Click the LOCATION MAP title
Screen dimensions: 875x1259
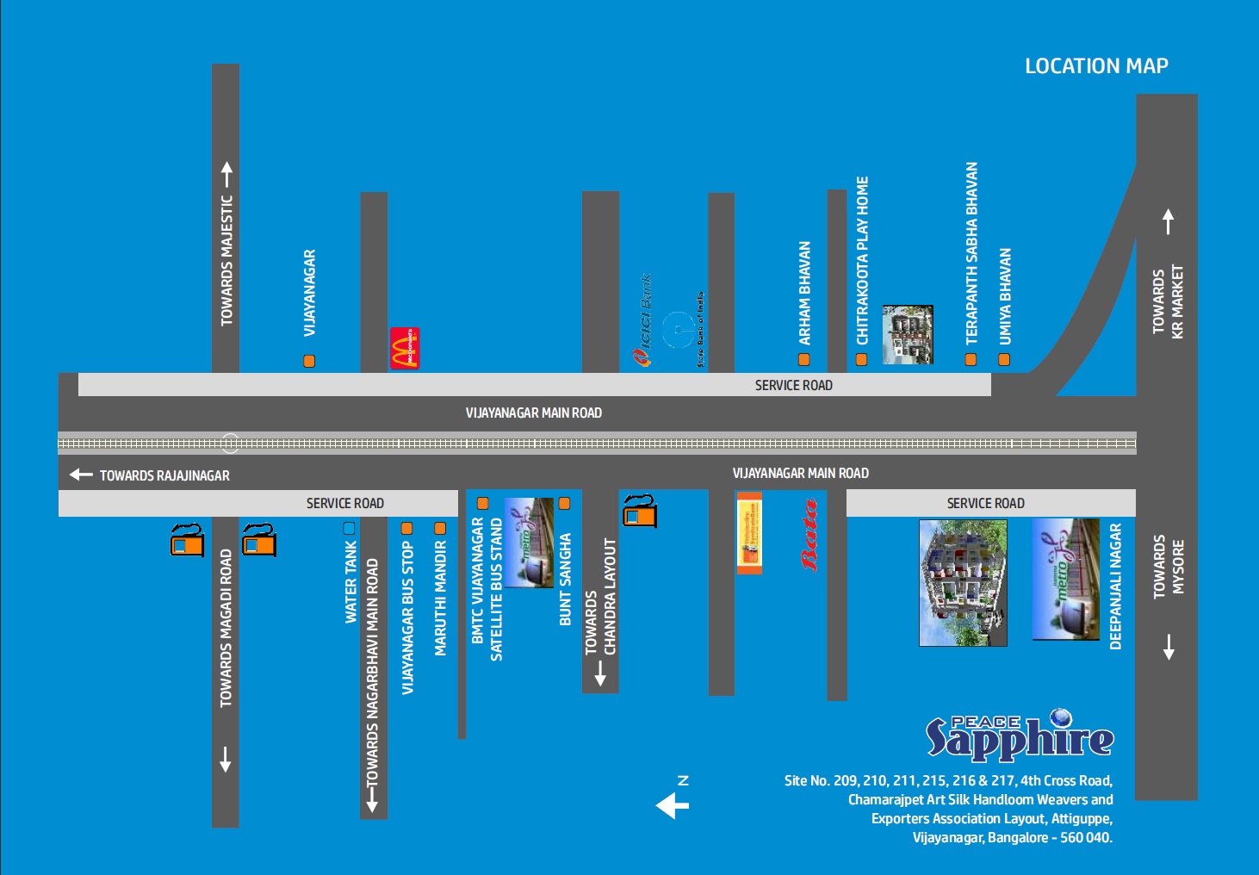click(x=1096, y=66)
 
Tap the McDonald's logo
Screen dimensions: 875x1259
click(x=405, y=349)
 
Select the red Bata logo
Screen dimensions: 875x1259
click(x=809, y=536)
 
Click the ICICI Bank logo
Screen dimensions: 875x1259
click(x=643, y=320)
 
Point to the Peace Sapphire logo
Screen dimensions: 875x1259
click(x=1020, y=736)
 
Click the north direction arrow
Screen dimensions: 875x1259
click(x=673, y=805)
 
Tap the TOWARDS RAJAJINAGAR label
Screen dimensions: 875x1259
click(x=164, y=475)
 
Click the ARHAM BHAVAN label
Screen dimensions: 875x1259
click(x=805, y=293)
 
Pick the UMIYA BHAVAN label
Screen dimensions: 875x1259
click(x=1005, y=296)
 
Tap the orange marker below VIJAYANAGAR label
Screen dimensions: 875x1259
click(x=309, y=362)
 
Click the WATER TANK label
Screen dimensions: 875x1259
click(x=350, y=581)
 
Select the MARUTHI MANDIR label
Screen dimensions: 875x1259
click(x=441, y=598)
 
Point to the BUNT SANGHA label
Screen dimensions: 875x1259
click(x=566, y=579)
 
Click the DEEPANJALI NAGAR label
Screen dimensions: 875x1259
click(x=1116, y=586)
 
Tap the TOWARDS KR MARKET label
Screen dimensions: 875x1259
click(x=1169, y=301)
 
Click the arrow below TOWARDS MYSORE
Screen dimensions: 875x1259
click(x=1169, y=647)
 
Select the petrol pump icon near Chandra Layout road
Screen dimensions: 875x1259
click(x=639, y=512)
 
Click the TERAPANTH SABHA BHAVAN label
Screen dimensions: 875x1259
click(x=972, y=253)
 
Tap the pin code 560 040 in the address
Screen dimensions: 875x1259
click(x=1086, y=838)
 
